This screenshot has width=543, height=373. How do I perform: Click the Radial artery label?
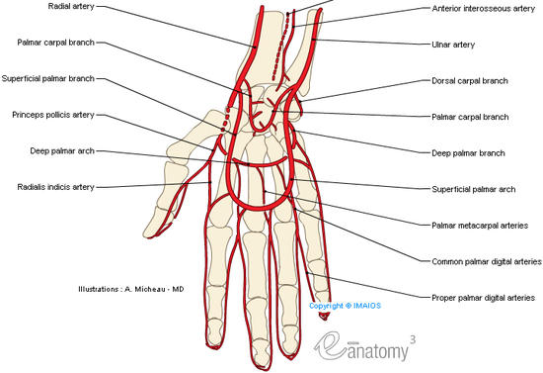71,6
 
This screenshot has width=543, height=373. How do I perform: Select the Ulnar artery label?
453,45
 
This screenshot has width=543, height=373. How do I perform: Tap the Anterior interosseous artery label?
484,9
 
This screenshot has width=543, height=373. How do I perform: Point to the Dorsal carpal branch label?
470,81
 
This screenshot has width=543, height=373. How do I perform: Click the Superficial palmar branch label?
48,78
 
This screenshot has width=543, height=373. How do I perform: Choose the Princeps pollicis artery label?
53,115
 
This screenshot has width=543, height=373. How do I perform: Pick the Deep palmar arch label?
62,151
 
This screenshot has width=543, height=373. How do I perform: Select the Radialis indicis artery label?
55,187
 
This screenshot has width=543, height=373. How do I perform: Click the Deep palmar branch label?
468,153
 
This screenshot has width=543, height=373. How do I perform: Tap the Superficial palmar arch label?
473,189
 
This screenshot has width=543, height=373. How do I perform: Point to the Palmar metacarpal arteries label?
480,226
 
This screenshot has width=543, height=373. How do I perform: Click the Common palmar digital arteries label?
487,261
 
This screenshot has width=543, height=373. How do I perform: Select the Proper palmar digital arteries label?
483,298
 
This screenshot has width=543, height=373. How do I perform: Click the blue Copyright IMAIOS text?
345,306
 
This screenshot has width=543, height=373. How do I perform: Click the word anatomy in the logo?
377,352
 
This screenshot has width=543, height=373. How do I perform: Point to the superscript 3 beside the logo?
413,339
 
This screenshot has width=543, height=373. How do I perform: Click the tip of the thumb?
148,234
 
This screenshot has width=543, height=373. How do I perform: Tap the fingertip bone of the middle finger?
262,352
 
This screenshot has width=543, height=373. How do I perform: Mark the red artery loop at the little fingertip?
324,316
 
